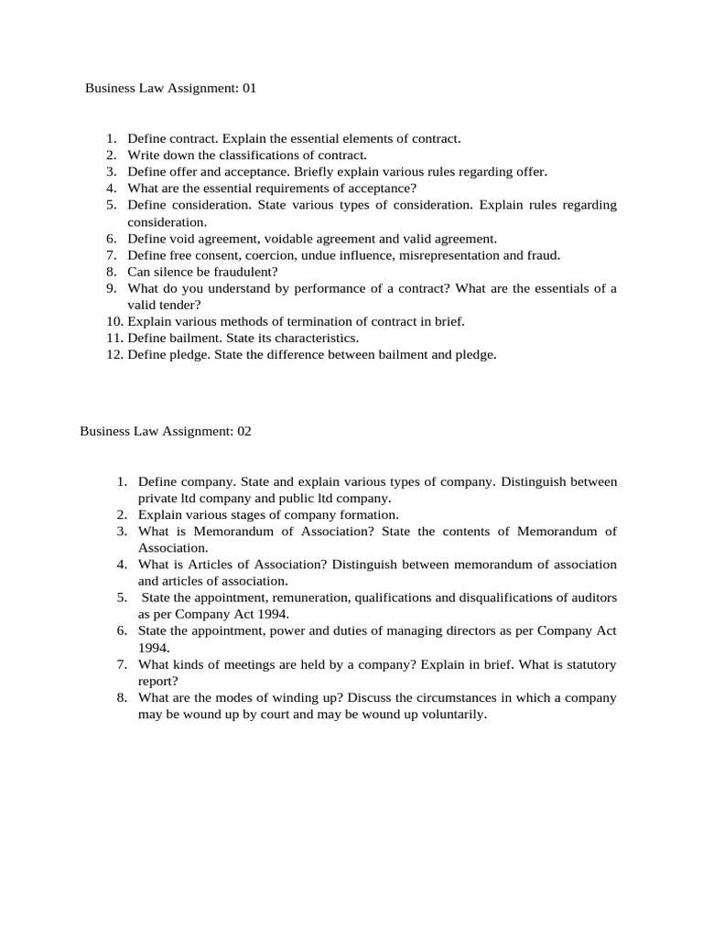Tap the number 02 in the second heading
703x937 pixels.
(243, 431)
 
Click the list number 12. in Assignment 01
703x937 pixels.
(114, 354)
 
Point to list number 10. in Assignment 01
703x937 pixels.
(114, 321)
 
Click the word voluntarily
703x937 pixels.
(452, 714)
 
